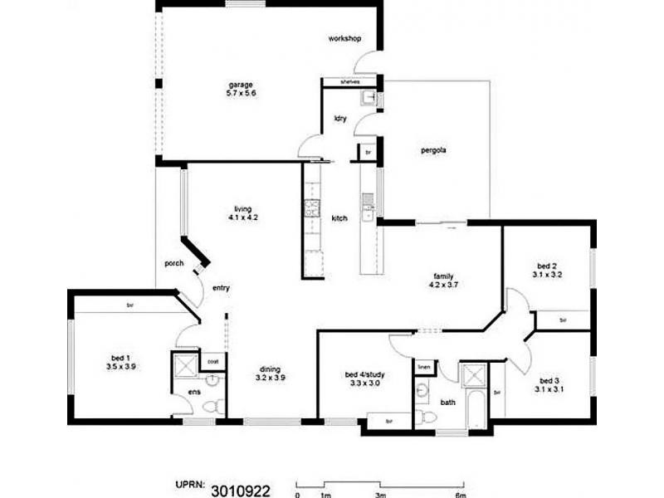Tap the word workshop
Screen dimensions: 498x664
[x=344, y=39]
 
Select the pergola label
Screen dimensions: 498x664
[x=434, y=151]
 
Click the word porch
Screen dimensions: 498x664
[x=173, y=263]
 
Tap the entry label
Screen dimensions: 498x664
[x=221, y=289]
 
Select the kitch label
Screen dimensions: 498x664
[x=339, y=218]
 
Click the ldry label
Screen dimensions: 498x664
[x=339, y=119]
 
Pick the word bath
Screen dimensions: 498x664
[x=447, y=403]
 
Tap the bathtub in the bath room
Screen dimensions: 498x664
[x=477, y=408]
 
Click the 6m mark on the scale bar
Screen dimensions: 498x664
[x=461, y=496]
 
